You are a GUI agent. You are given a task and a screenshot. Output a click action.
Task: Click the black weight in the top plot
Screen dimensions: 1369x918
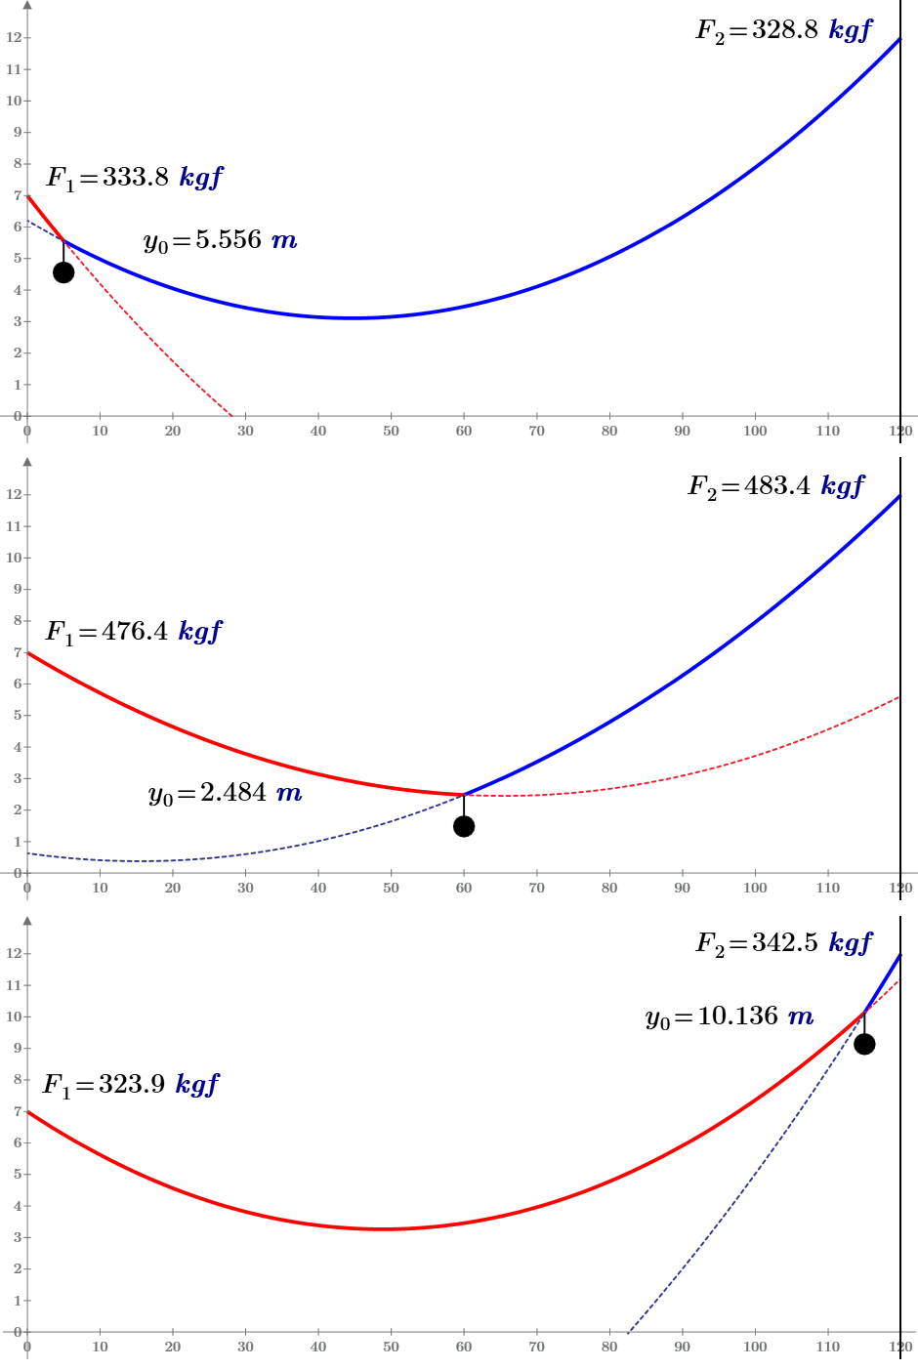click(x=63, y=272)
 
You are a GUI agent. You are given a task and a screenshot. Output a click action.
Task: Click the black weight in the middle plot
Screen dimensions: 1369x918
click(x=464, y=826)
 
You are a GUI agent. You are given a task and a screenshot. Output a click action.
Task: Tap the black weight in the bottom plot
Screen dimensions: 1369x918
click(x=864, y=1044)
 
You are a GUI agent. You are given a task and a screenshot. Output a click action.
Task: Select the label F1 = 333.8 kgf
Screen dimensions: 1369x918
click(x=135, y=178)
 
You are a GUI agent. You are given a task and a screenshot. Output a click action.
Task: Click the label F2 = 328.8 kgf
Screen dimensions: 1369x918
click(x=783, y=30)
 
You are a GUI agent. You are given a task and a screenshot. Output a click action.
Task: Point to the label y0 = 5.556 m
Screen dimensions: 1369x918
click(x=220, y=240)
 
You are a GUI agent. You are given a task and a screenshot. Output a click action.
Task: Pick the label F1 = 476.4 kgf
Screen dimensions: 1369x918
click(x=134, y=632)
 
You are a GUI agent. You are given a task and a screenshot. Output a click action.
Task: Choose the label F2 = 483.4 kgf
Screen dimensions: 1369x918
click(x=776, y=486)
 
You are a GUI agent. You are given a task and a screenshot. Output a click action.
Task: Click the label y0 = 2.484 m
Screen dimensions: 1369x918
click(x=225, y=793)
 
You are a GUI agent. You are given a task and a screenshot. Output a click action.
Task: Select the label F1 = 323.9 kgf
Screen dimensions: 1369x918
click(x=131, y=1085)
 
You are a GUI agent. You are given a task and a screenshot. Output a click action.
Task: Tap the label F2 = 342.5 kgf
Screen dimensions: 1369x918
click(x=783, y=943)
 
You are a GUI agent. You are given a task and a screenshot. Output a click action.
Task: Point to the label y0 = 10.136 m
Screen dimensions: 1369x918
click(x=730, y=1017)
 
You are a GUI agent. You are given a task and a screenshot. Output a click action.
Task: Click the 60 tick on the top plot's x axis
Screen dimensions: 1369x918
click(x=464, y=431)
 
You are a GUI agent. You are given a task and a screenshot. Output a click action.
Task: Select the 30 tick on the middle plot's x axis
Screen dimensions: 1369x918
click(x=245, y=888)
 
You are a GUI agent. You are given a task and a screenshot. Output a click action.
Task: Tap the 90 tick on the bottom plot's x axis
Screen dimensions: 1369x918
click(x=682, y=1347)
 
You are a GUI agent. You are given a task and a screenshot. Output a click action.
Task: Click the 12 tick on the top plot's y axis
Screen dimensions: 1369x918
click(x=14, y=38)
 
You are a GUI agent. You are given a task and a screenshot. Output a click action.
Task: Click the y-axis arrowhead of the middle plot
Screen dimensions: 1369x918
click(x=27, y=462)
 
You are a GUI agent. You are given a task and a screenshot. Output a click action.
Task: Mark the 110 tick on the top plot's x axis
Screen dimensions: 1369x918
click(x=827, y=431)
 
